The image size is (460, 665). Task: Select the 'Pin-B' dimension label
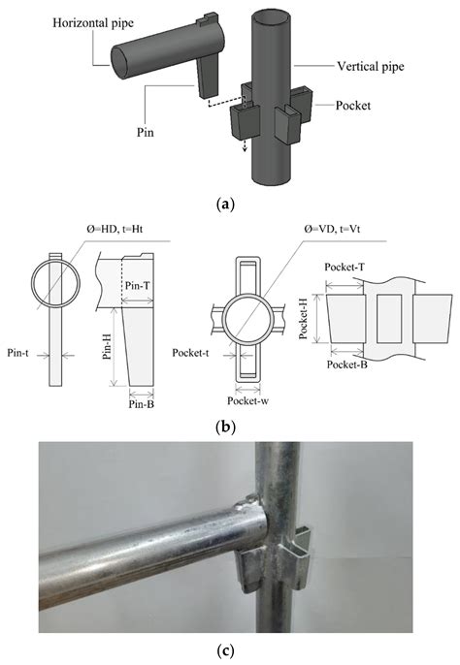pyautogui.click(x=143, y=404)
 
